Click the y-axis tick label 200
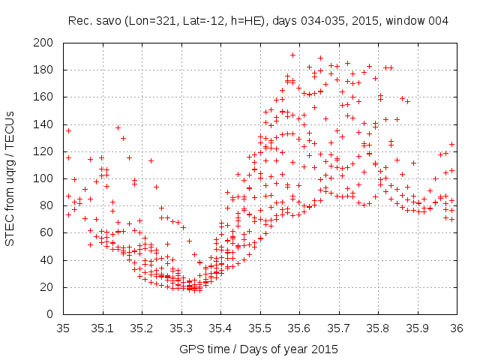pos(49,43)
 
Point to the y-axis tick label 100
pos(49,178)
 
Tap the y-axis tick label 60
pos(52,232)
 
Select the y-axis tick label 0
pos(55,314)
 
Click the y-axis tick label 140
pos(49,124)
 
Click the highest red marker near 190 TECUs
pos(292,55)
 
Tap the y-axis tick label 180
pos(49,70)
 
